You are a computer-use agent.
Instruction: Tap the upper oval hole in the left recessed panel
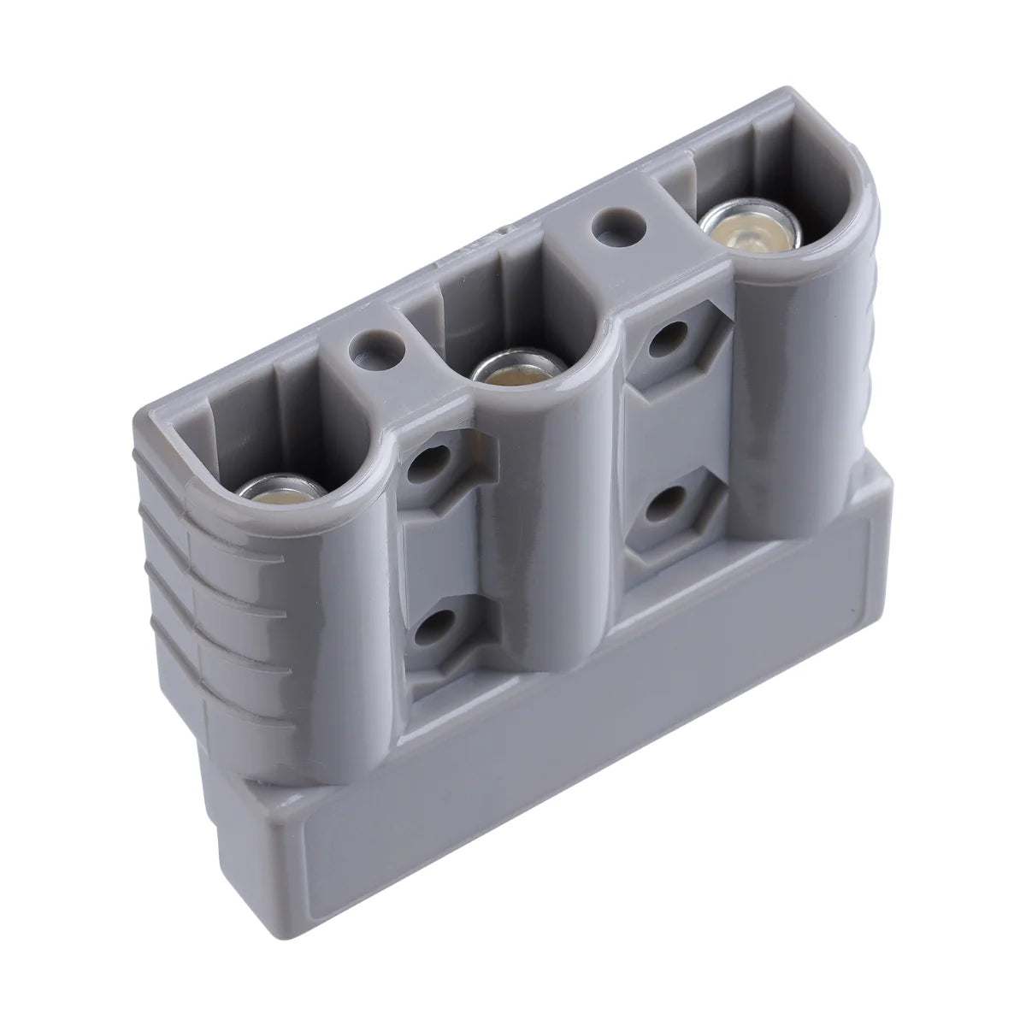[433, 468]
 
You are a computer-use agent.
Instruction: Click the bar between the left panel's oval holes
[436, 547]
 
